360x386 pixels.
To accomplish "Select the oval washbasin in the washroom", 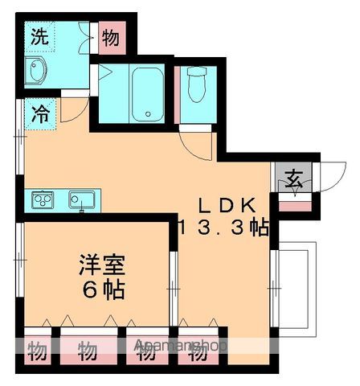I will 37,71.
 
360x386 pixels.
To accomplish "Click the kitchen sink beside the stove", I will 82,198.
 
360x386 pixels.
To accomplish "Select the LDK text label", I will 227,204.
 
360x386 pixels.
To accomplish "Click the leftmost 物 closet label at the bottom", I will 37,351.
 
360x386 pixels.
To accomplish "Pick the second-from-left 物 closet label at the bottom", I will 88,351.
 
